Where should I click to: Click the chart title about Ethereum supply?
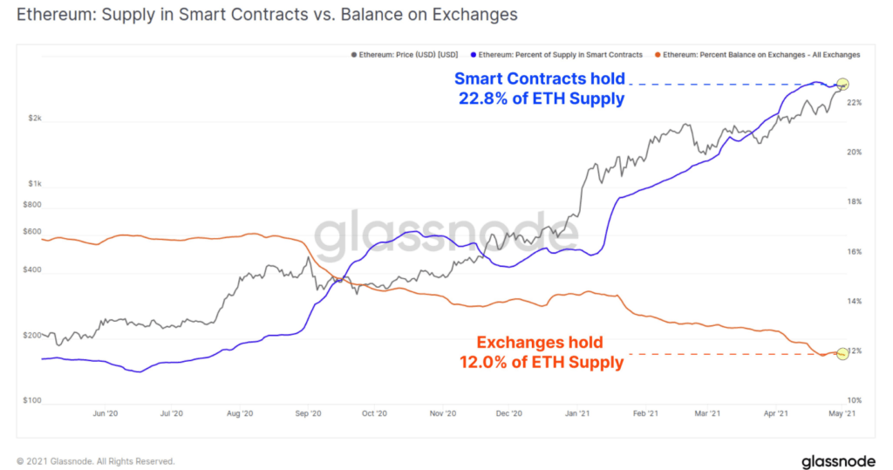click(x=267, y=15)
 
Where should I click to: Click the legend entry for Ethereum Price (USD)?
click(x=404, y=54)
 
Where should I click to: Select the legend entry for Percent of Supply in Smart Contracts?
click(x=559, y=54)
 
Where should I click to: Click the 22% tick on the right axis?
click(x=854, y=103)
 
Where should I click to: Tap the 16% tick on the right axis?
click(x=854, y=252)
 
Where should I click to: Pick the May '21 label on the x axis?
click(x=842, y=414)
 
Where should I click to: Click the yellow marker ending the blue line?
click(x=842, y=84)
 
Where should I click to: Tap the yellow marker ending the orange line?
click(x=842, y=353)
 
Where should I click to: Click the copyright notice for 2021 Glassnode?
click(x=96, y=460)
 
